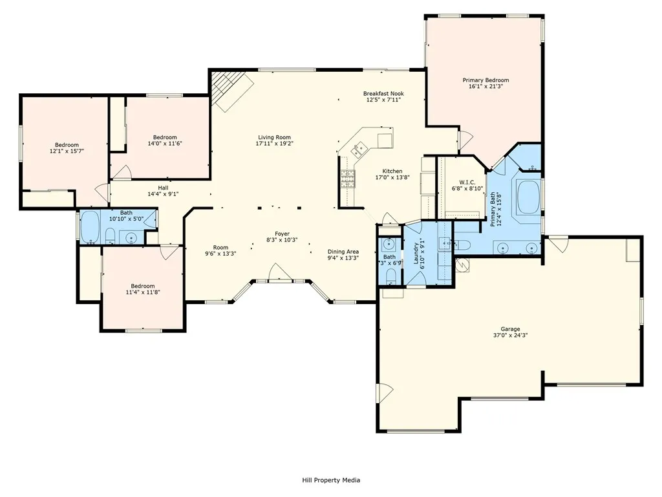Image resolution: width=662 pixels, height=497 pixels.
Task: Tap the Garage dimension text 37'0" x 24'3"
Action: [510, 335]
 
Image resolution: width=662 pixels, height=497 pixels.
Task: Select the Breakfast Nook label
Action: [383, 93]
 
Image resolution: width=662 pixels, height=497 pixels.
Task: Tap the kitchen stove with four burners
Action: [348, 179]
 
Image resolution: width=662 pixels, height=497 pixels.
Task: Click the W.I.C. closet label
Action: [467, 182]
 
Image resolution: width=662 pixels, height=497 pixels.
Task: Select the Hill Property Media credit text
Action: [331, 480]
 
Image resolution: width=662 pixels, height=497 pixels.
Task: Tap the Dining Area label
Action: [343, 252]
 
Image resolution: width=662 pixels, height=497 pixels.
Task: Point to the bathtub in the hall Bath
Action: [91, 227]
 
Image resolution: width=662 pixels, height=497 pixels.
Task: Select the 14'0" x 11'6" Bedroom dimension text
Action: [165, 143]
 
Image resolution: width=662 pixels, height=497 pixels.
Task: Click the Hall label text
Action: [163, 188]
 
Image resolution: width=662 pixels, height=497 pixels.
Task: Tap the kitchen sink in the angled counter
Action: [360, 148]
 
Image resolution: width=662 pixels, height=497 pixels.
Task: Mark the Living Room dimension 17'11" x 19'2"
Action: [274, 143]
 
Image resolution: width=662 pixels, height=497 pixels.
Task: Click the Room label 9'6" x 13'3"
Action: [220, 250]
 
